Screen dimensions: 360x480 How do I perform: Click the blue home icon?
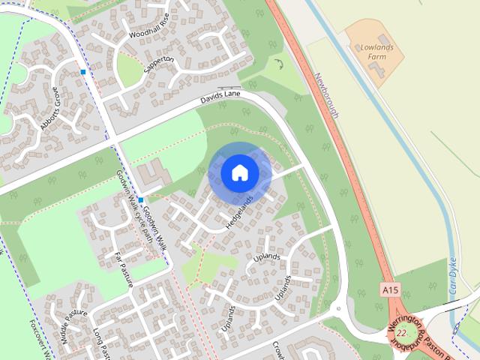click(x=239, y=173)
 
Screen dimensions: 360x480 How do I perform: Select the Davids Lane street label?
click(x=219, y=97)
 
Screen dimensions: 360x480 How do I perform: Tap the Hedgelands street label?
click(x=239, y=213)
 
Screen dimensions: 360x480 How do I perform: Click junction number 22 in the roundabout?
click(x=403, y=333)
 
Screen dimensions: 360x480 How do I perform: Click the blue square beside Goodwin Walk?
click(x=140, y=200)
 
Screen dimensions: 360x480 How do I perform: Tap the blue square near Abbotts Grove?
click(x=82, y=72)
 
